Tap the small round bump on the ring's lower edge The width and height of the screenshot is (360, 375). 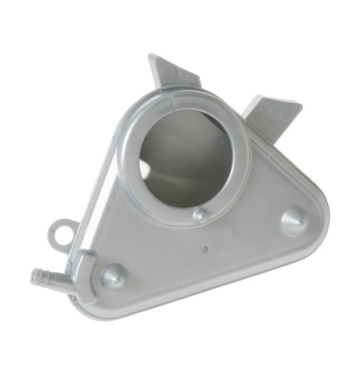point(199,215)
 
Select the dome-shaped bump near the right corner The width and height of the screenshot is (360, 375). point(293,220)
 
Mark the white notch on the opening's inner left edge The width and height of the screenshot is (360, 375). point(145,168)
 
